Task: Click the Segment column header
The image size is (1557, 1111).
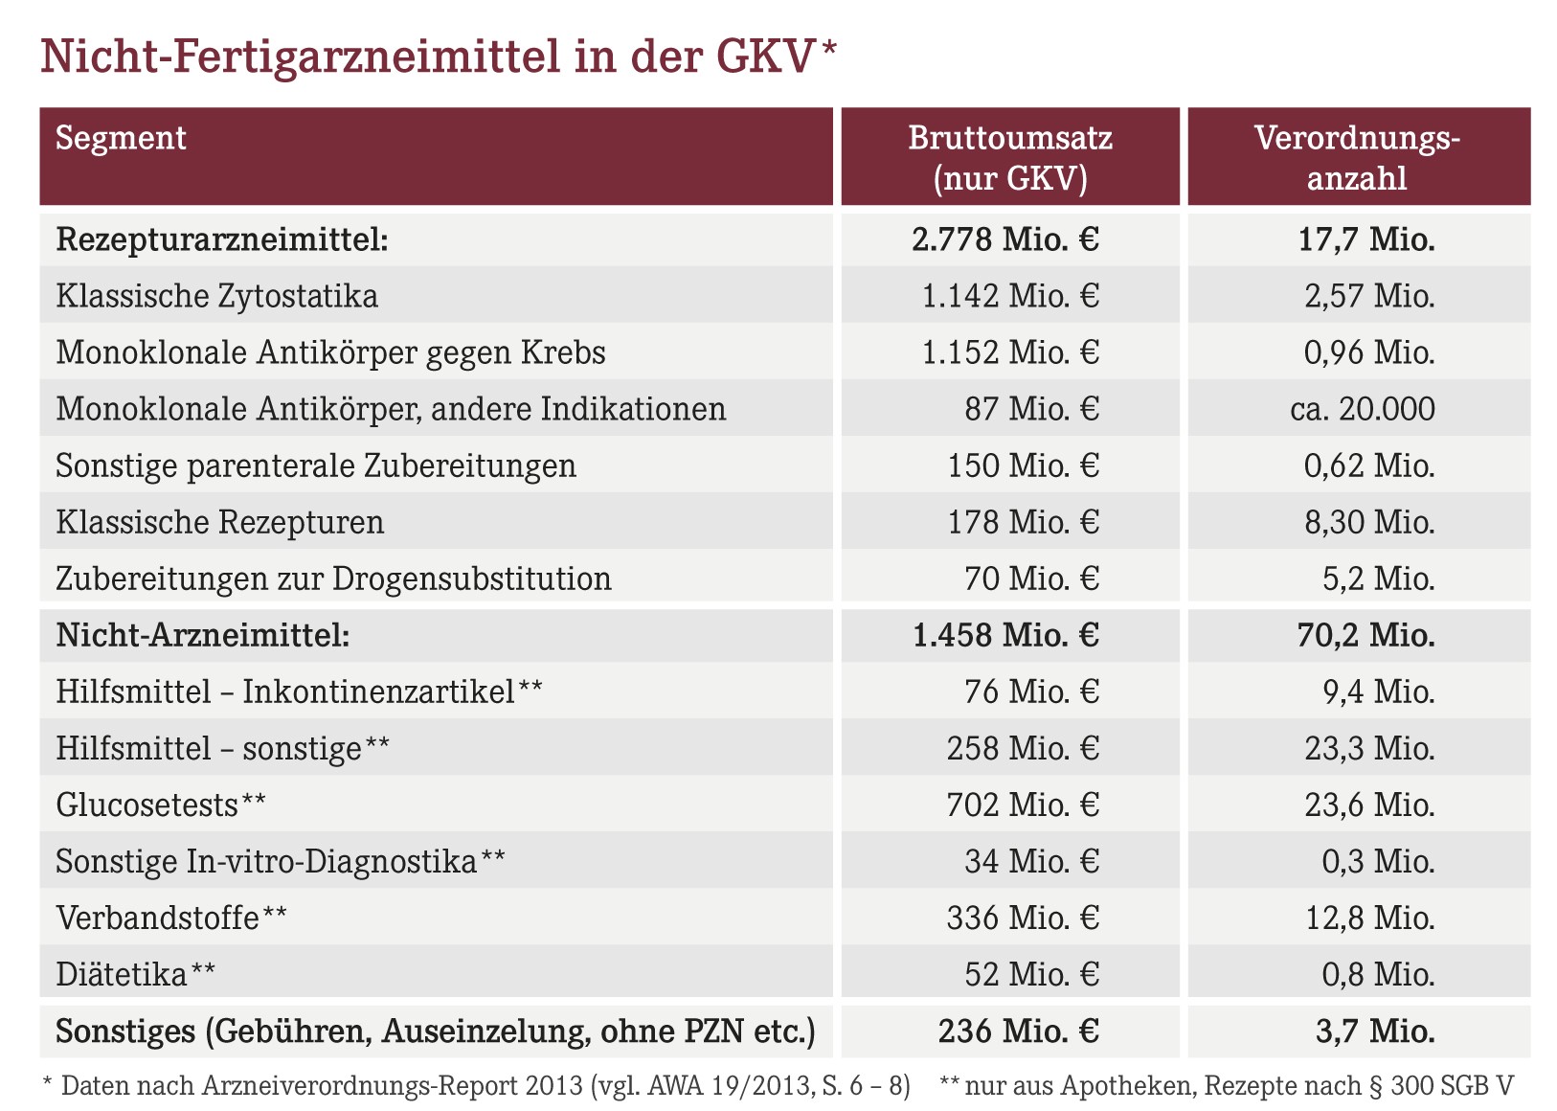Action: click(121, 138)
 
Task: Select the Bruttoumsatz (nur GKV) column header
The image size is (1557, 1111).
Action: click(1010, 158)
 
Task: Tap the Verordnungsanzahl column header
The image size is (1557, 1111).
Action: click(1358, 158)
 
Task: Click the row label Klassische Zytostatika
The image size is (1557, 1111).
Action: click(216, 296)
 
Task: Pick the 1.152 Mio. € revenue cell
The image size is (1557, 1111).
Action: click(1010, 352)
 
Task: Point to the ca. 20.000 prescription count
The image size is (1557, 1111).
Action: click(1363, 409)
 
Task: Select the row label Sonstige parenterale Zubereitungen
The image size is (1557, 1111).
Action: click(316, 465)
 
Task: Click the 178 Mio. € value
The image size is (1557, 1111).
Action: click(1024, 522)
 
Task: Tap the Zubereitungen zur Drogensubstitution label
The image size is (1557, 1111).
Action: click(333, 579)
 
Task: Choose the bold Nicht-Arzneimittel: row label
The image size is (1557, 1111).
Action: click(203, 635)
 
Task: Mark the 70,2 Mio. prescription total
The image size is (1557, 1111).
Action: click(1365, 635)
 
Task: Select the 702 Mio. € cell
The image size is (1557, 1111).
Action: click(1023, 805)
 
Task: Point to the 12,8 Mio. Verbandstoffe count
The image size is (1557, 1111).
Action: click(1370, 918)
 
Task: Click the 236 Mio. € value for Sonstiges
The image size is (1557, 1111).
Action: click(1018, 1032)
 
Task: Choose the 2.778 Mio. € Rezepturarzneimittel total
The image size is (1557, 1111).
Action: click(1005, 239)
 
